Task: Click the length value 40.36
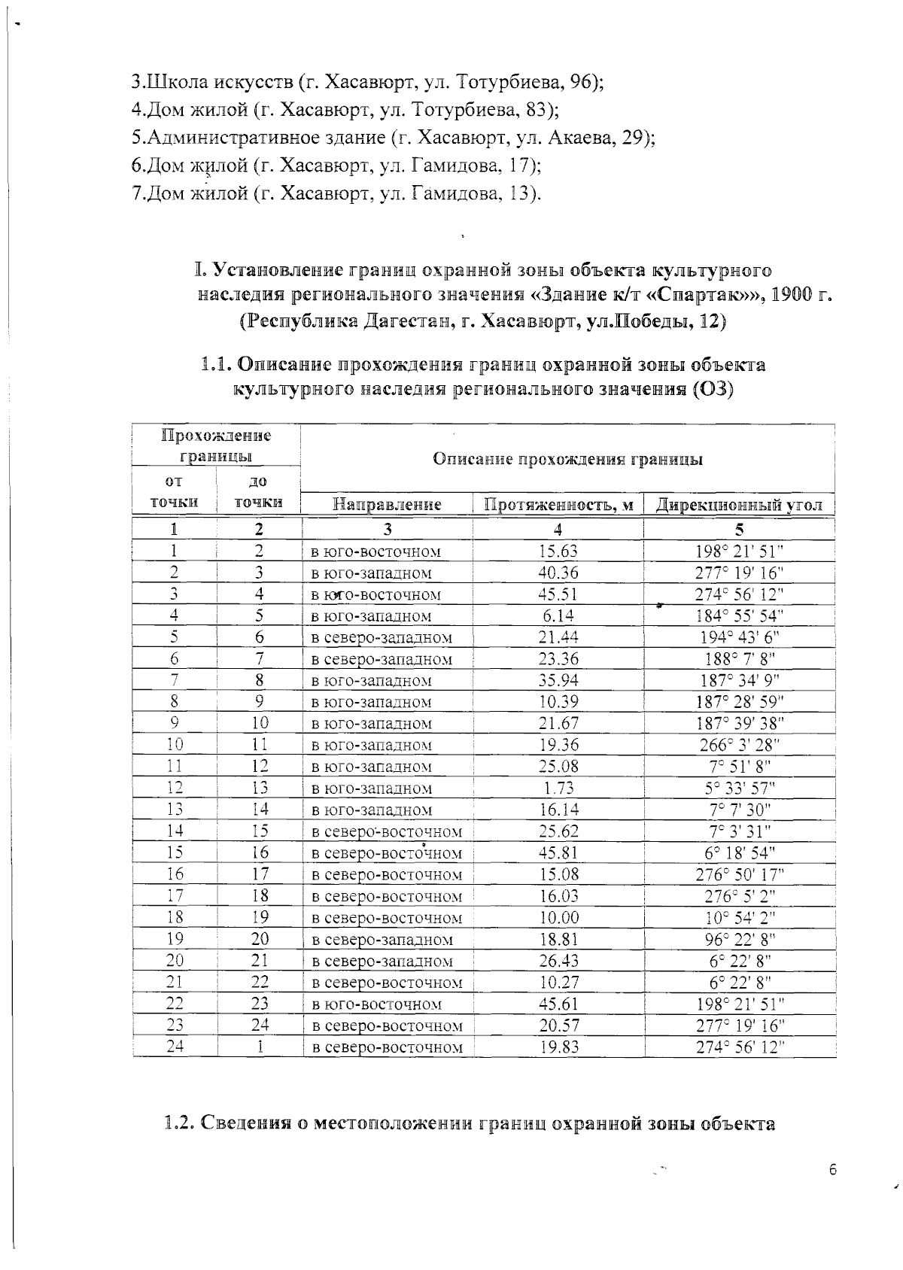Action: (x=558, y=573)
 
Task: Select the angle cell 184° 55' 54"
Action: (x=740, y=615)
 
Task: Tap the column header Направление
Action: (x=387, y=504)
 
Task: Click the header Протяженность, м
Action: (x=558, y=504)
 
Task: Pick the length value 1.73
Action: (x=558, y=788)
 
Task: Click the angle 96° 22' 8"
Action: (x=740, y=939)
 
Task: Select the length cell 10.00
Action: (x=558, y=917)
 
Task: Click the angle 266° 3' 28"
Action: (x=740, y=745)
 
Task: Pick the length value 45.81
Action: (x=558, y=852)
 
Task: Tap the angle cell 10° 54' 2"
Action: (x=740, y=917)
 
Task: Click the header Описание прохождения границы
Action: (x=567, y=460)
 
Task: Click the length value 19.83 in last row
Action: (x=558, y=1047)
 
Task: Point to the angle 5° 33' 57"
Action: (x=740, y=788)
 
